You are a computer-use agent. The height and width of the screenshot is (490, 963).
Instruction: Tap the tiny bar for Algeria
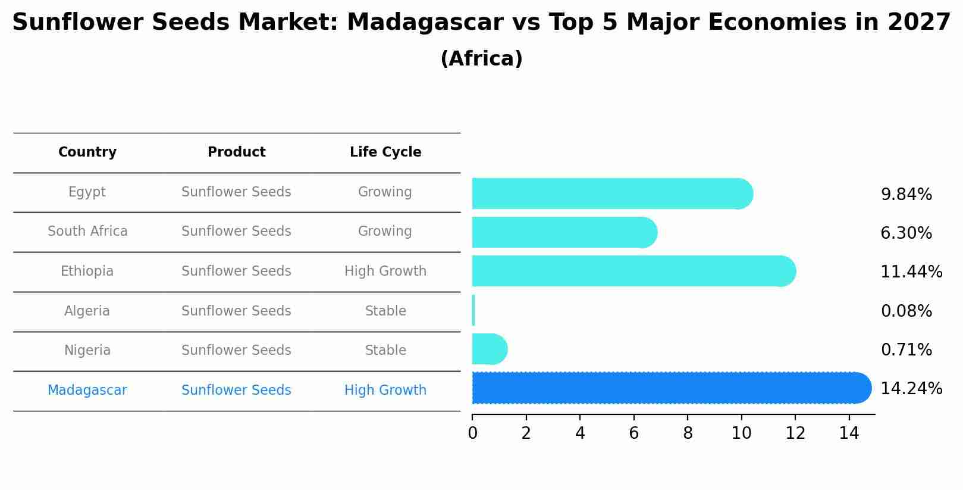[473, 310]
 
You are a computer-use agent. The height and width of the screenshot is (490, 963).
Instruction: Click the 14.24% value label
[911, 389]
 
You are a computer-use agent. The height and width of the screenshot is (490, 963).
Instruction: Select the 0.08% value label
[906, 311]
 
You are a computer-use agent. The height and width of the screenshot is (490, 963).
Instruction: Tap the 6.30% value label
[906, 233]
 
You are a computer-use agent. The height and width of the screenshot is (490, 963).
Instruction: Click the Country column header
[87, 152]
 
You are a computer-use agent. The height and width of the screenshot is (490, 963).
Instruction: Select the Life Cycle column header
[385, 152]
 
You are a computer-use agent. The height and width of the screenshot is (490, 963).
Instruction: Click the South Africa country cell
[87, 232]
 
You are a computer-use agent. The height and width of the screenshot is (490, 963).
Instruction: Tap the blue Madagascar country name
[87, 391]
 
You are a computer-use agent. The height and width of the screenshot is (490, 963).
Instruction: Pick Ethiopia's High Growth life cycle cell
[385, 271]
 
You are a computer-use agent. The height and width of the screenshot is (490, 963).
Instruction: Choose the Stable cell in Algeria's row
[385, 311]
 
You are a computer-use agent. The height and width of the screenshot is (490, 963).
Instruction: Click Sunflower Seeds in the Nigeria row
[236, 351]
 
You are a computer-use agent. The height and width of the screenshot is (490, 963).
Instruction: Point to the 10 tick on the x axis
[741, 433]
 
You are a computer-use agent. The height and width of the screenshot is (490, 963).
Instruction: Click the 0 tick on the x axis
[472, 433]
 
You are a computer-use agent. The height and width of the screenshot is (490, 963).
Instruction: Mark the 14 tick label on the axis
[849, 433]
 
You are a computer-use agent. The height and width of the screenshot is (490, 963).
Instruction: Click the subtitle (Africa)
[481, 59]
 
